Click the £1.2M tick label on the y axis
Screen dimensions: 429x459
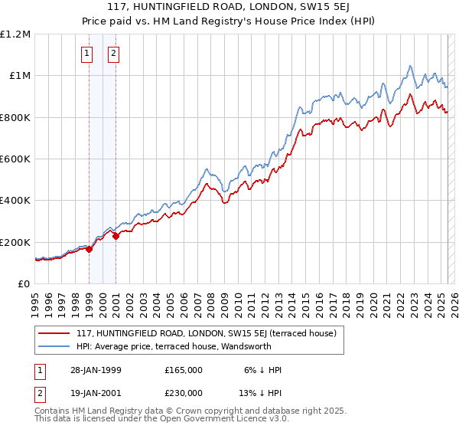click(15, 34)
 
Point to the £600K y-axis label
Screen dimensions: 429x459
click(15, 159)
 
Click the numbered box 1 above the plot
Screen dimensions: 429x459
click(87, 53)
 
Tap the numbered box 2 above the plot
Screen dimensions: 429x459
click(113, 53)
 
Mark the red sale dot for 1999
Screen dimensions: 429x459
click(90, 249)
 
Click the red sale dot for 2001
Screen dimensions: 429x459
click(116, 236)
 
